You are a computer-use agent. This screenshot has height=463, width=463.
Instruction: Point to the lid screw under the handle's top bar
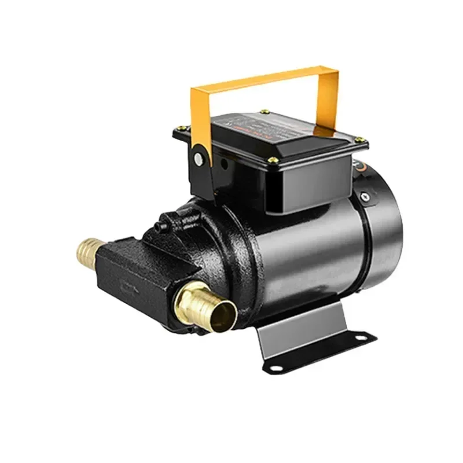coord(265,111)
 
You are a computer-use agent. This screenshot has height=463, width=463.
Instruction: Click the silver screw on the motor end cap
coord(365,197)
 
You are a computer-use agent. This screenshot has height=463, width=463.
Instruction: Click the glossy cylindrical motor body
coord(307,249)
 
